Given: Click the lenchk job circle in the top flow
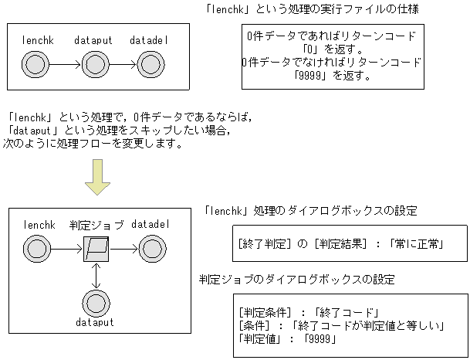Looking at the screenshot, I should pyautogui.click(x=36, y=63).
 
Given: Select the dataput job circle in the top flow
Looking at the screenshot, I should pyautogui.click(x=94, y=63).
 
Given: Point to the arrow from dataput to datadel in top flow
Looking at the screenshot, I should pyautogui.click(x=123, y=63).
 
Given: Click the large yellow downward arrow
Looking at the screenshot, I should pyautogui.click(x=97, y=177).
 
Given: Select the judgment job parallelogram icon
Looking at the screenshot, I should pyautogui.click(x=95, y=249).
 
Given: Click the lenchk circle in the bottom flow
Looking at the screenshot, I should pyautogui.click(x=36, y=249).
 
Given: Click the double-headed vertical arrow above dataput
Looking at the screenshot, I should pyautogui.click(x=95, y=275).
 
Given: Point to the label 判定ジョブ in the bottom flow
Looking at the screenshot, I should pyautogui.click(x=96, y=225).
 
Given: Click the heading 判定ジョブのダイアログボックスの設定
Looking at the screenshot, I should pyautogui.click(x=296, y=279).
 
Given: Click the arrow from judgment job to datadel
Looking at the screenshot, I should pyautogui.click(x=123, y=249).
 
